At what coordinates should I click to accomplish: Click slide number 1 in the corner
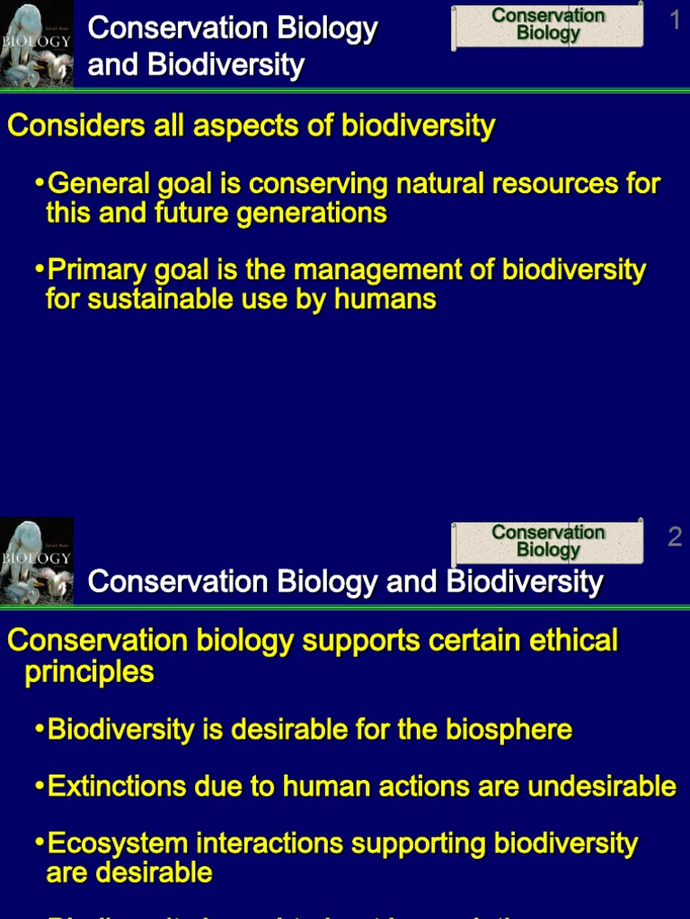point(676,20)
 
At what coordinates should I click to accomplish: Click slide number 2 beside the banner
point(676,537)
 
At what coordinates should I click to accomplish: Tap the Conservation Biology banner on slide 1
point(548,25)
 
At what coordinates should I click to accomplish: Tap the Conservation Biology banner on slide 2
point(548,541)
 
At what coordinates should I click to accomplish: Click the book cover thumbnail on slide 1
point(36,43)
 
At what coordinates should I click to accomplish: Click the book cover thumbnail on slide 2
point(36,561)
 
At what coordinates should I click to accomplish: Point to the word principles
point(89,672)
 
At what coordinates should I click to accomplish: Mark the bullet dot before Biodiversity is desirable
point(40,729)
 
